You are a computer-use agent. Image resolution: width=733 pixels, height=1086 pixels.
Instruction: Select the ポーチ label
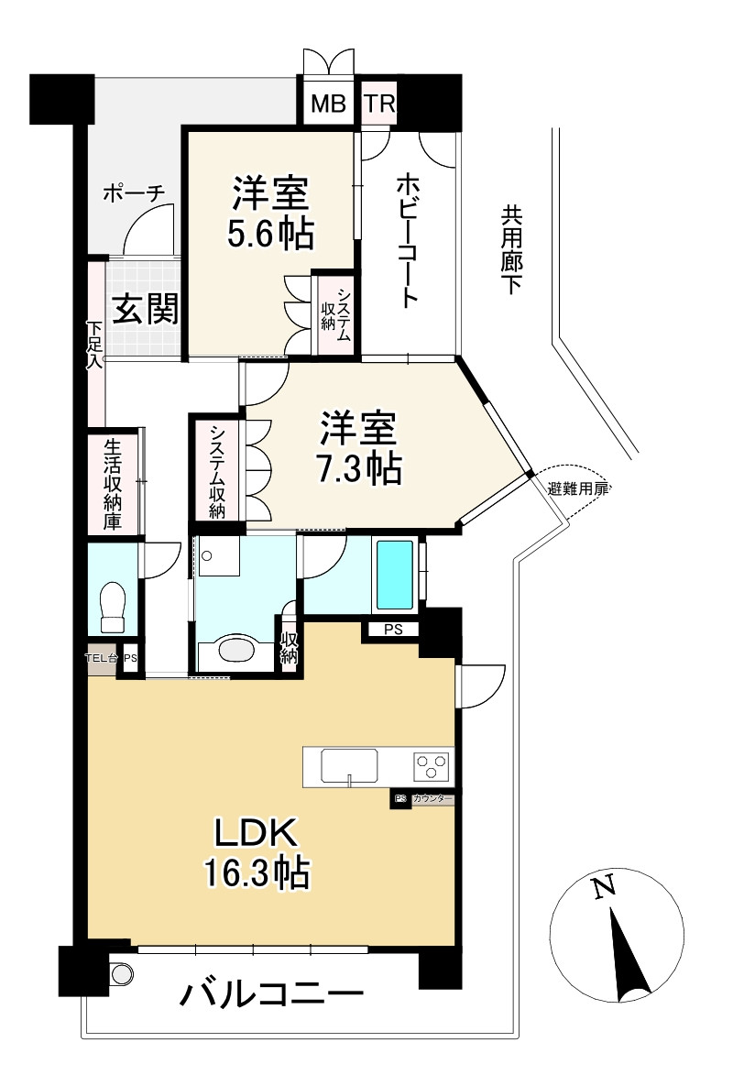coord(133,193)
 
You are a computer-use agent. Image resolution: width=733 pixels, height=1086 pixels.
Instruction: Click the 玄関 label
coord(144,311)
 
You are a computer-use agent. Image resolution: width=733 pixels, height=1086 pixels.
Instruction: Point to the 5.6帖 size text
coord(270,235)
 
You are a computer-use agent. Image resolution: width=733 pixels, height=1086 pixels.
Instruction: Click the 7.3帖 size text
coord(358,469)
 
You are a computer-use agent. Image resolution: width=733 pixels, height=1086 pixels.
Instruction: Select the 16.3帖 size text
coord(256,872)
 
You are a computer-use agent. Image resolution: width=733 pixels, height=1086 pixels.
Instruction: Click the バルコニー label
coord(271,994)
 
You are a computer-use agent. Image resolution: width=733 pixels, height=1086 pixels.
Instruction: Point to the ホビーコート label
coord(407,240)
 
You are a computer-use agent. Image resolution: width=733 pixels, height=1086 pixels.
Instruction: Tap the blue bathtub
coord(395,576)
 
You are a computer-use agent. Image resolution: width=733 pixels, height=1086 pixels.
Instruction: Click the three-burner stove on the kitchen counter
coord(431,764)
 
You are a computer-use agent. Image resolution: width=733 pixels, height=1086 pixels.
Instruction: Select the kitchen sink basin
coord(349,765)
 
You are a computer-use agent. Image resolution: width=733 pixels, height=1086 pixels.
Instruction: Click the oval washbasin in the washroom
coord(236,651)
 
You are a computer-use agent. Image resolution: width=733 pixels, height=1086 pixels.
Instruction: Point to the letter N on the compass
coord(602,887)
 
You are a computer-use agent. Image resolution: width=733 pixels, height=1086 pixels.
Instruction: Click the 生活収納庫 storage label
coord(113,485)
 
